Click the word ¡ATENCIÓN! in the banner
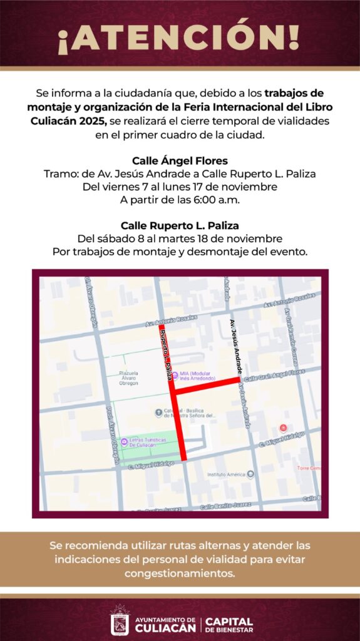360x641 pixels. coord(179,39)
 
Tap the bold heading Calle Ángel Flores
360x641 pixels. coord(179,160)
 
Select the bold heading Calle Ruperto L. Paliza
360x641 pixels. coord(179,226)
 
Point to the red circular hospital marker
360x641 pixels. coord(282,428)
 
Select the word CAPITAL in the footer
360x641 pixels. coord(229,621)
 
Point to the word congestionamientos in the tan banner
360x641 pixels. coord(180,573)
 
